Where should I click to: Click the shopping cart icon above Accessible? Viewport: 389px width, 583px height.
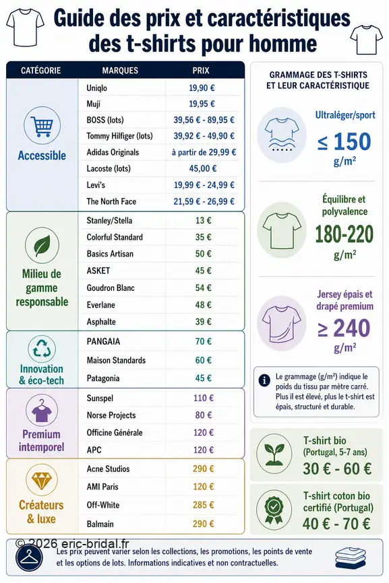(x=42, y=126)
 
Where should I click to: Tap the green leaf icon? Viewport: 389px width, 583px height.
(x=42, y=246)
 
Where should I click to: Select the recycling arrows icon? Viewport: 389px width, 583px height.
(x=42, y=349)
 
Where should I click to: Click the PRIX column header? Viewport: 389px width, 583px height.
(x=201, y=70)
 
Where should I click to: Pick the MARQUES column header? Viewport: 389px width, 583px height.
(x=120, y=70)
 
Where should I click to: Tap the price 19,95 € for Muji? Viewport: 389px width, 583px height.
(x=202, y=104)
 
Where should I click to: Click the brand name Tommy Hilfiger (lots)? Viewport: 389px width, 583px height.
(x=119, y=136)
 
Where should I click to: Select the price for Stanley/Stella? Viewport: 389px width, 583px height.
(x=203, y=221)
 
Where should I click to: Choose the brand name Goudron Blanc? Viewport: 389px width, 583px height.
(x=111, y=287)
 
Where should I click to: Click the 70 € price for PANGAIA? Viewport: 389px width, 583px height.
(x=203, y=341)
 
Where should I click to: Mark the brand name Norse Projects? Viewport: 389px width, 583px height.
(x=111, y=415)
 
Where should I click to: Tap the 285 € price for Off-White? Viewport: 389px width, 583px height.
(x=203, y=505)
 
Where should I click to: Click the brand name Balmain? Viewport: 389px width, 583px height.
(x=100, y=524)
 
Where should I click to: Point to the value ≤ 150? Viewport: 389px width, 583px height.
(x=345, y=141)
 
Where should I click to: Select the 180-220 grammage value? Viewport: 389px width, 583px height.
(x=345, y=234)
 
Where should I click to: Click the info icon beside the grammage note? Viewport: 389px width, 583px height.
(x=264, y=380)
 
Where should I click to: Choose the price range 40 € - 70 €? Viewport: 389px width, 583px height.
(x=336, y=524)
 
